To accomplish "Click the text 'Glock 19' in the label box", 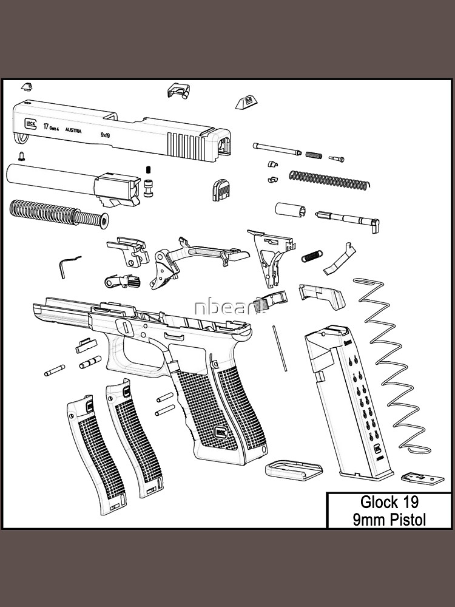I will point(389,502).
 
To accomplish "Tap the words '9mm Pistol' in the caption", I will point(389,520).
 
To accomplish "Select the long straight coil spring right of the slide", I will point(328,180).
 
